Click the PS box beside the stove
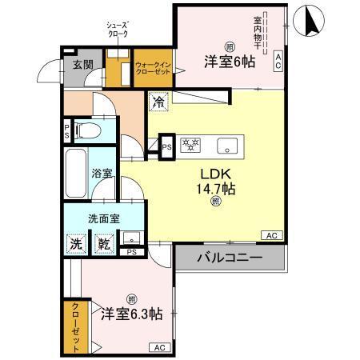point(166,146)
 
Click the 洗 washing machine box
point(74,242)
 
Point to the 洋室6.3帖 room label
point(130,313)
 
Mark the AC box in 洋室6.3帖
point(158,346)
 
